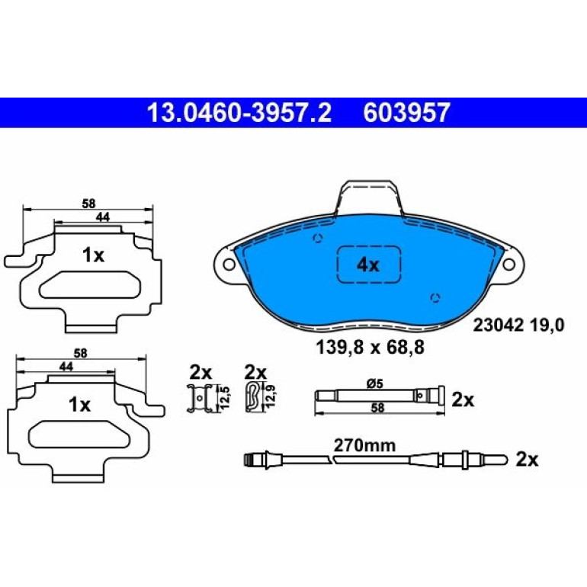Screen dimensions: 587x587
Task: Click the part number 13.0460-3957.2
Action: [x=239, y=113]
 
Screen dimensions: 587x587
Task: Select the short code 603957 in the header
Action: [x=406, y=113]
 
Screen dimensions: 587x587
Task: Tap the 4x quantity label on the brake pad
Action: [x=368, y=265]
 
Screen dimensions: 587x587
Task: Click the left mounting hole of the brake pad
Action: [x=229, y=265]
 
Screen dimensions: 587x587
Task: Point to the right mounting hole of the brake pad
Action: [x=508, y=264]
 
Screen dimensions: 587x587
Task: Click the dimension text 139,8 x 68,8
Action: [x=370, y=348]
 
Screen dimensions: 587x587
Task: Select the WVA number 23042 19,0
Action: [x=518, y=326]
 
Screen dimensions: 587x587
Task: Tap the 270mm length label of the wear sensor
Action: [x=364, y=445]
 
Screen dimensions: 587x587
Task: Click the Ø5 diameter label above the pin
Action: [x=374, y=383]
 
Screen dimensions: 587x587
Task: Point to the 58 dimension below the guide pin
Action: [x=377, y=408]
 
